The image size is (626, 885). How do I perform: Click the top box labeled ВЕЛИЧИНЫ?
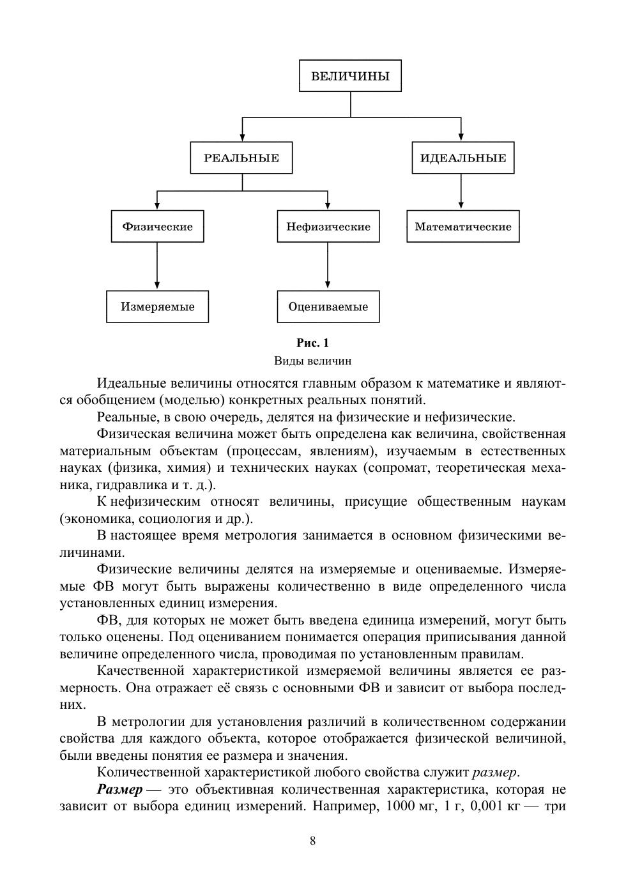point(350,76)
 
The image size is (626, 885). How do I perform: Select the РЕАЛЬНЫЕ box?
point(241,158)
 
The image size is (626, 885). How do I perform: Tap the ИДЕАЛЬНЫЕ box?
point(462,158)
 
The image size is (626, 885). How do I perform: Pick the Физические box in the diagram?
point(157,227)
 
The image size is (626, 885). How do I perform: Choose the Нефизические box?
point(328,227)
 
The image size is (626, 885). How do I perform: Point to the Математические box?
point(462,227)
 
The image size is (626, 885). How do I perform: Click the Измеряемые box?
point(157,306)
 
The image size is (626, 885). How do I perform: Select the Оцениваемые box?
point(328,306)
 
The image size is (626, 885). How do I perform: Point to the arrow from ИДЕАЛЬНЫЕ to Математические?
point(461,192)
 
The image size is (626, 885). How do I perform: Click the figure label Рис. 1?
point(312,343)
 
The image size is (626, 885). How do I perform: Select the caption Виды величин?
point(312,361)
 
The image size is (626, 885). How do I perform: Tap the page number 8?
point(312,840)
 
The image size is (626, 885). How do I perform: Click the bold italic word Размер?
point(119,789)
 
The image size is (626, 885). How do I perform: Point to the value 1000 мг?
point(401,806)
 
